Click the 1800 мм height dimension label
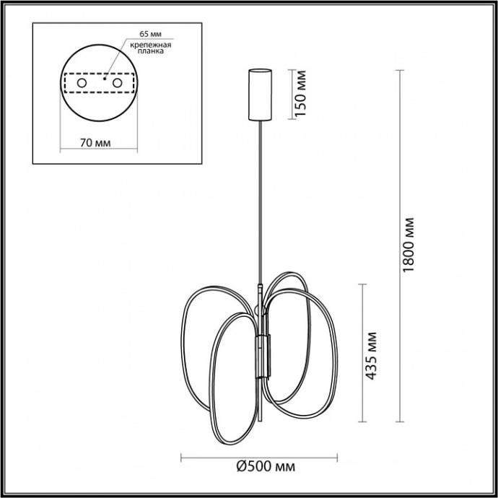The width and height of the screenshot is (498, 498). pyautogui.click(x=408, y=243)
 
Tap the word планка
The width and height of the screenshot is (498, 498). pyautogui.click(x=152, y=52)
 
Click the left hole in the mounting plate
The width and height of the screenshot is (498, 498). pyautogui.click(x=82, y=84)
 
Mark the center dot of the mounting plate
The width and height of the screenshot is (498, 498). pyautogui.click(x=105, y=82)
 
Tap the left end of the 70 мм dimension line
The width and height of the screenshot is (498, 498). pyautogui.click(x=58, y=151)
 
